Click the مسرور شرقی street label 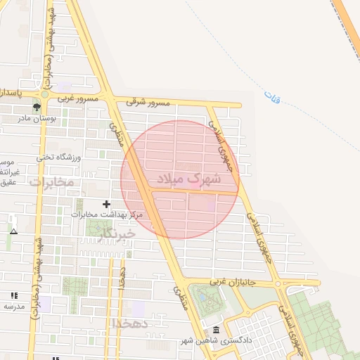[149, 103]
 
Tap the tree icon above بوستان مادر [36, 107]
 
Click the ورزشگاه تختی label [59, 157]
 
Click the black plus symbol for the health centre [106, 204]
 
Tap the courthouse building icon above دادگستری [215, 330]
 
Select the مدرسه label [14, 307]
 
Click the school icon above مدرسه [14, 296]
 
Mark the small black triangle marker [13, 231]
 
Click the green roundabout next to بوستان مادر [45, 94]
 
